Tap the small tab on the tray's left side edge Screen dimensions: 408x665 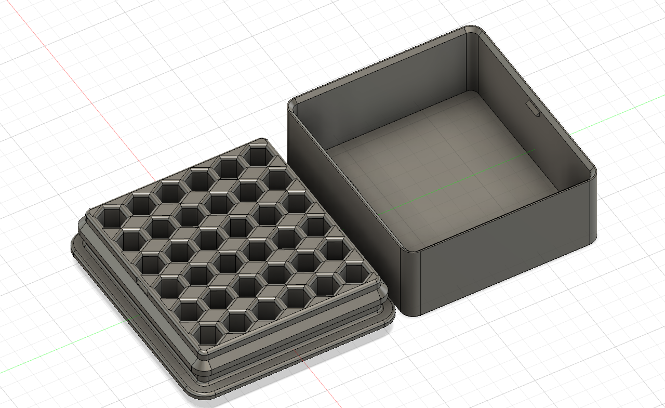coord(140,284)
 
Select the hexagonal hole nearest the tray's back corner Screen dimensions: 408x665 coord(257,155)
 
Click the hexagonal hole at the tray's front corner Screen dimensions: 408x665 coord(207,333)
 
